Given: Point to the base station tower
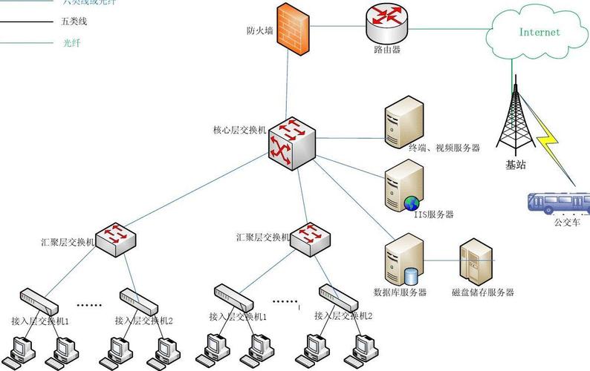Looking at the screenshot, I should pos(514,119).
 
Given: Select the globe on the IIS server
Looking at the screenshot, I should pos(411,203).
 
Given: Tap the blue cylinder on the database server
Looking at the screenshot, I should pos(411,276).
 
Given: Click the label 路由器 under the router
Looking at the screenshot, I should pos(387,50).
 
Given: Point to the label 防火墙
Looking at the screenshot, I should pos(259,31).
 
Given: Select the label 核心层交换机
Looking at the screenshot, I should pos(238,131).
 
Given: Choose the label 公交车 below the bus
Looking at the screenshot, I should pos(567,221).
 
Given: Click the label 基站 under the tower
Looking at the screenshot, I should pos(515,165).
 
